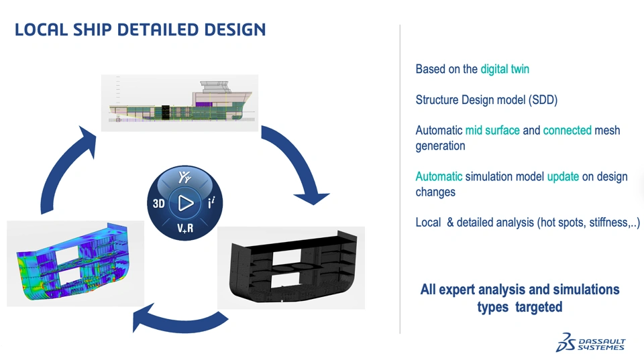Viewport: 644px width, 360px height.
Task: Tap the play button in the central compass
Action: (186, 202)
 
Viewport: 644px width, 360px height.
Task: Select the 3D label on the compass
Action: (158, 203)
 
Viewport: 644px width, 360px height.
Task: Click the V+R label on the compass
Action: (185, 228)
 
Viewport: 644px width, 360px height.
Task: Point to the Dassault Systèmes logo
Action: (590, 343)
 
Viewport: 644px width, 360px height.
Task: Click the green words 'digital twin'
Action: (504, 69)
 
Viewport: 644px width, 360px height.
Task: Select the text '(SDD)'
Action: (543, 100)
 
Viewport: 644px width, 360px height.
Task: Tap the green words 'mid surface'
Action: (492, 130)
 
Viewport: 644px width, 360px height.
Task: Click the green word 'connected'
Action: (568, 130)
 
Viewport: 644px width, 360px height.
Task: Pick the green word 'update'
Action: (563, 177)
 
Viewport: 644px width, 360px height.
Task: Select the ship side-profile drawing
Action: (180, 103)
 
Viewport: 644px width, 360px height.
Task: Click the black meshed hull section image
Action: (291, 267)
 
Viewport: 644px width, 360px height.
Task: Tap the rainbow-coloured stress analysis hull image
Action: (76, 263)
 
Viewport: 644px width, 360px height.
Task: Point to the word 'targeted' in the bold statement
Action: (539, 307)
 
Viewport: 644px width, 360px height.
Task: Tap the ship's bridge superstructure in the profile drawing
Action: (213, 87)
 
